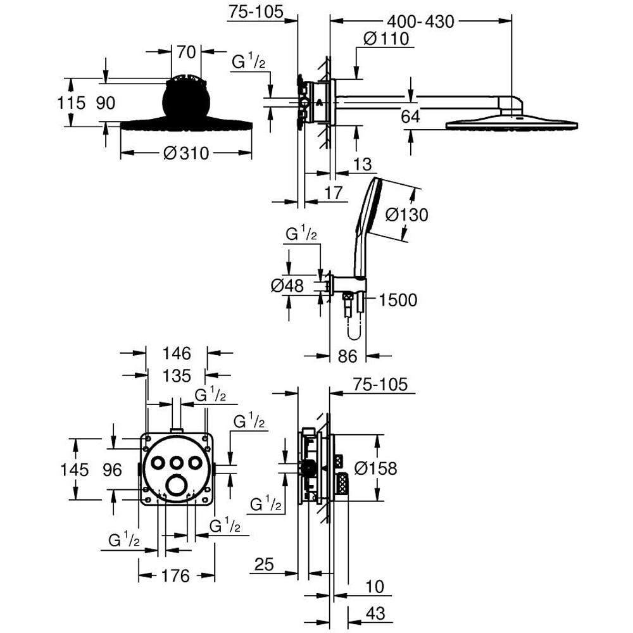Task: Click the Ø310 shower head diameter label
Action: (185, 153)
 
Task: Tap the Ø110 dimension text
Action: (387, 39)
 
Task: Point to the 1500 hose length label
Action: (398, 300)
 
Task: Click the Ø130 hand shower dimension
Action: (406, 215)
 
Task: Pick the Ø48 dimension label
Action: (288, 286)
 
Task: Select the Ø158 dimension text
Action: (375, 468)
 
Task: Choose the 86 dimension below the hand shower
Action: (348, 356)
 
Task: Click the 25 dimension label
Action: (266, 563)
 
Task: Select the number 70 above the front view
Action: (185, 52)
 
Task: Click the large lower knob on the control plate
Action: (178, 486)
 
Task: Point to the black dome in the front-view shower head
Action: (186, 101)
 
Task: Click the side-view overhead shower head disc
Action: (511, 123)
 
